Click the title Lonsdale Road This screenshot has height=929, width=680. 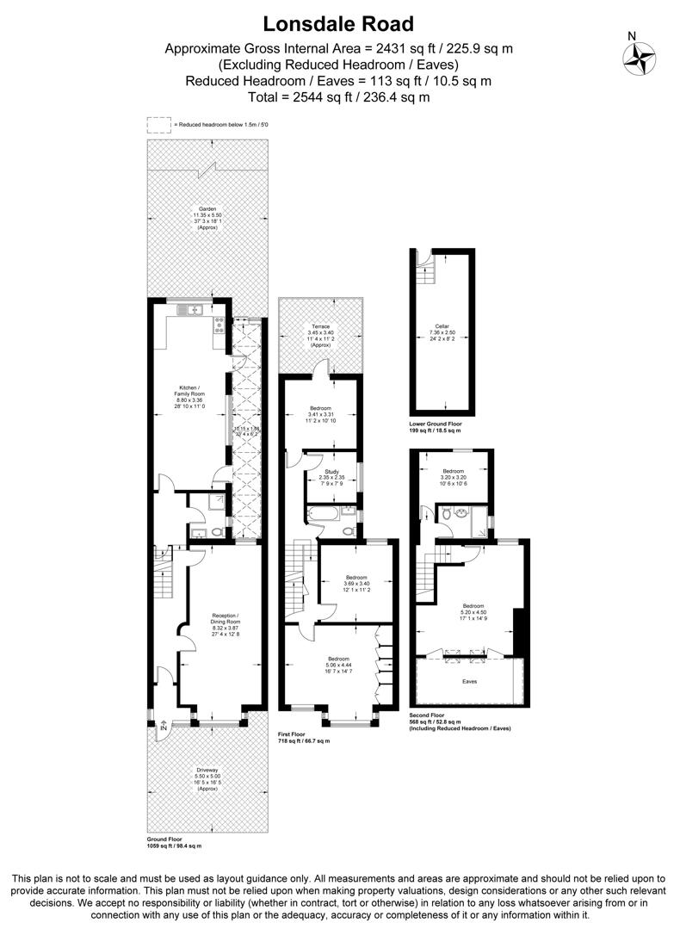click(x=338, y=23)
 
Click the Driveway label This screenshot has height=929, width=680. click(x=207, y=777)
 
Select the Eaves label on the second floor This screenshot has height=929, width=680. click(x=470, y=681)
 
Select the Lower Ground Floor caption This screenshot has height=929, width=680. click(x=436, y=425)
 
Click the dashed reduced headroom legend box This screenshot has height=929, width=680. click(x=158, y=125)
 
